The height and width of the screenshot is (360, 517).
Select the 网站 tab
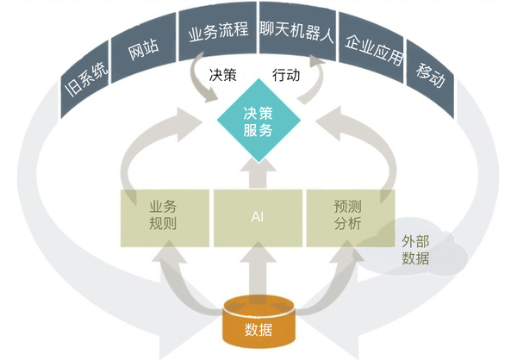[142, 54]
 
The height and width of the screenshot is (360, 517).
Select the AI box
[257, 215]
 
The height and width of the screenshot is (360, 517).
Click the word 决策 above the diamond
[223, 75]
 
